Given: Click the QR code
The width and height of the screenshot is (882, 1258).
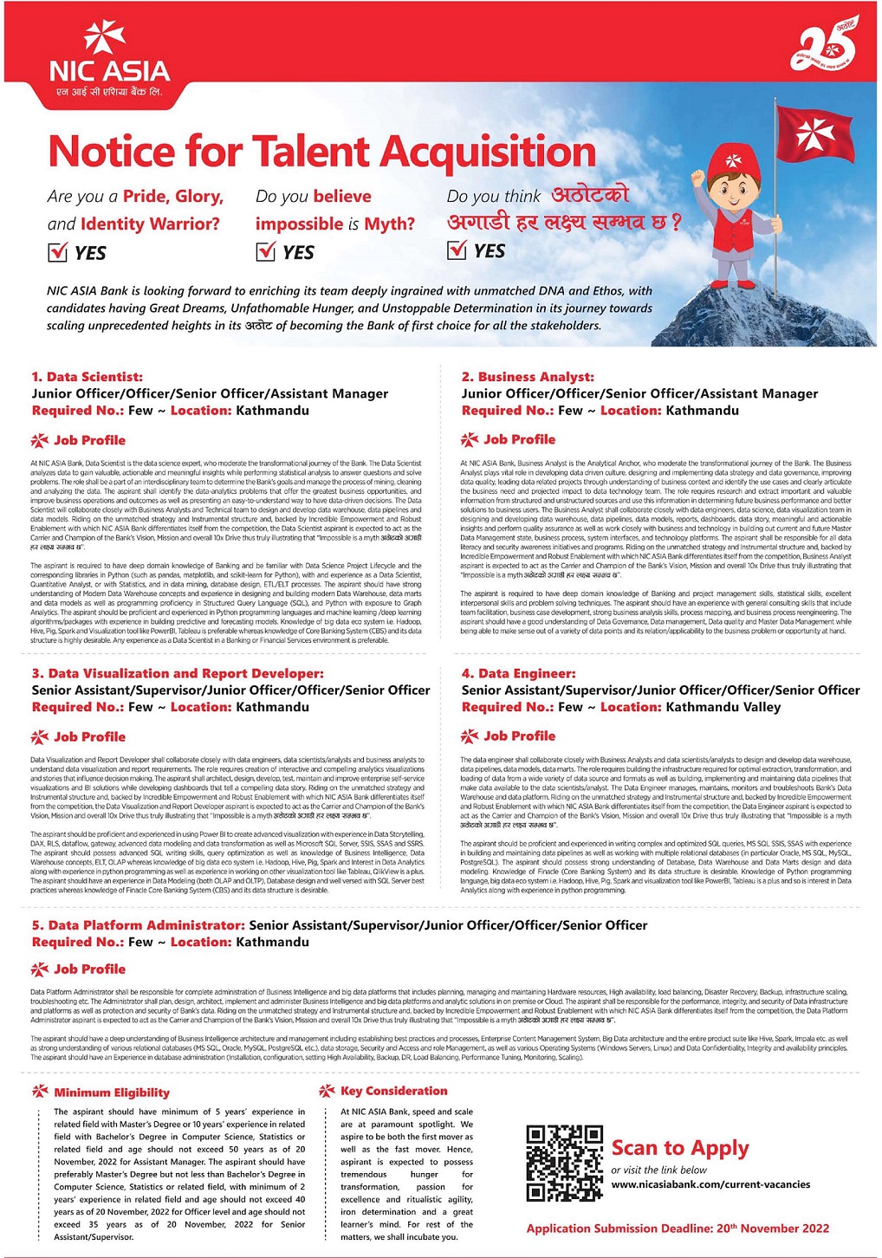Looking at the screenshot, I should (564, 1163).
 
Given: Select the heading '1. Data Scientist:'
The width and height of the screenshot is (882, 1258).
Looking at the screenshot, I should (88, 377).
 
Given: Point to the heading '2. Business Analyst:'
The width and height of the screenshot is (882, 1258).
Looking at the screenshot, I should (528, 377).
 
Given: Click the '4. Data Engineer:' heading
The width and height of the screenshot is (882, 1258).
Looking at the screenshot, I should (518, 673).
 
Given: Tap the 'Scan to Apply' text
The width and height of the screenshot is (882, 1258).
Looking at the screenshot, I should (679, 1148).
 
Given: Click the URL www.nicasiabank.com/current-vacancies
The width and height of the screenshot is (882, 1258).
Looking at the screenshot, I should (710, 1184).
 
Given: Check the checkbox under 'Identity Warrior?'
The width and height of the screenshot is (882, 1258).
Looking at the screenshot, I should (57, 252).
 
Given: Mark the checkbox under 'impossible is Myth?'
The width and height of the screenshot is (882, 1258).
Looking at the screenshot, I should (265, 252).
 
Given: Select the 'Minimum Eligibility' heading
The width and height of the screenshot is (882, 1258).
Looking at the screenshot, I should (112, 1093).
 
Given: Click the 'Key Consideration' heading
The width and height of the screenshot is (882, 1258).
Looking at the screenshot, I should (393, 1091).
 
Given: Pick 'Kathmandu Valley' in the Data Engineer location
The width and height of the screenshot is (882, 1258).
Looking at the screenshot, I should (723, 707).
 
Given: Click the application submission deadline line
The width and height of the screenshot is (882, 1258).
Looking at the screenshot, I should (678, 1229).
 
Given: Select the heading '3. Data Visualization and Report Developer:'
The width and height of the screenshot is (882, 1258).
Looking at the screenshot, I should (178, 673).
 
